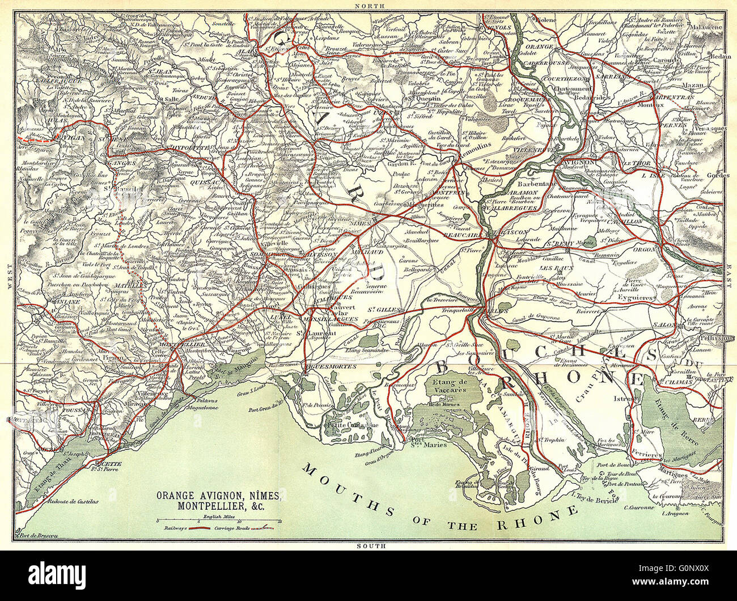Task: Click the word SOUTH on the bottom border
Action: pyautogui.click(x=372, y=546)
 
